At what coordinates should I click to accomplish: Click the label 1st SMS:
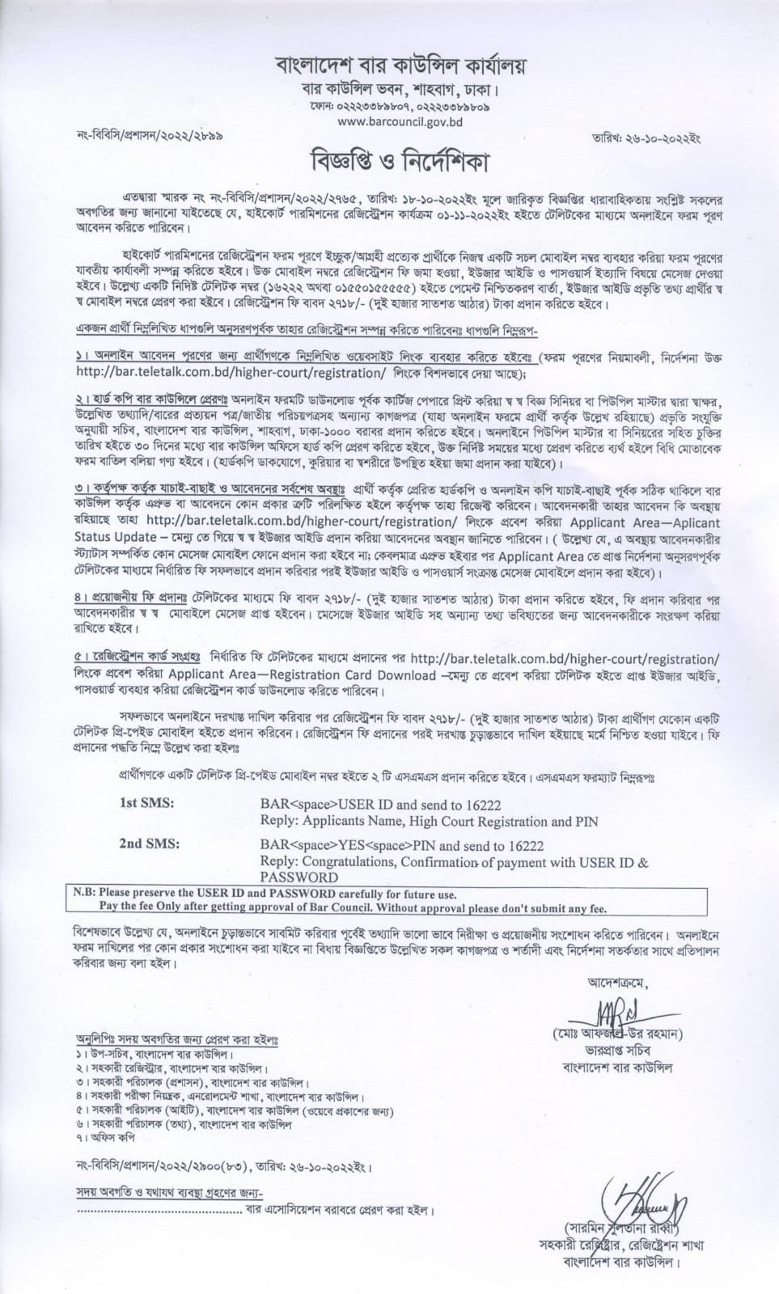[x=146, y=804]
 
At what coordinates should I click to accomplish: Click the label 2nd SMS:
[x=150, y=844]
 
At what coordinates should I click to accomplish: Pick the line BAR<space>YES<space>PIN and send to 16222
[x=402, y=846]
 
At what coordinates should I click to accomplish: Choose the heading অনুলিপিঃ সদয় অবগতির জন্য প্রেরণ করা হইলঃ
[x=176, y=1039]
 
